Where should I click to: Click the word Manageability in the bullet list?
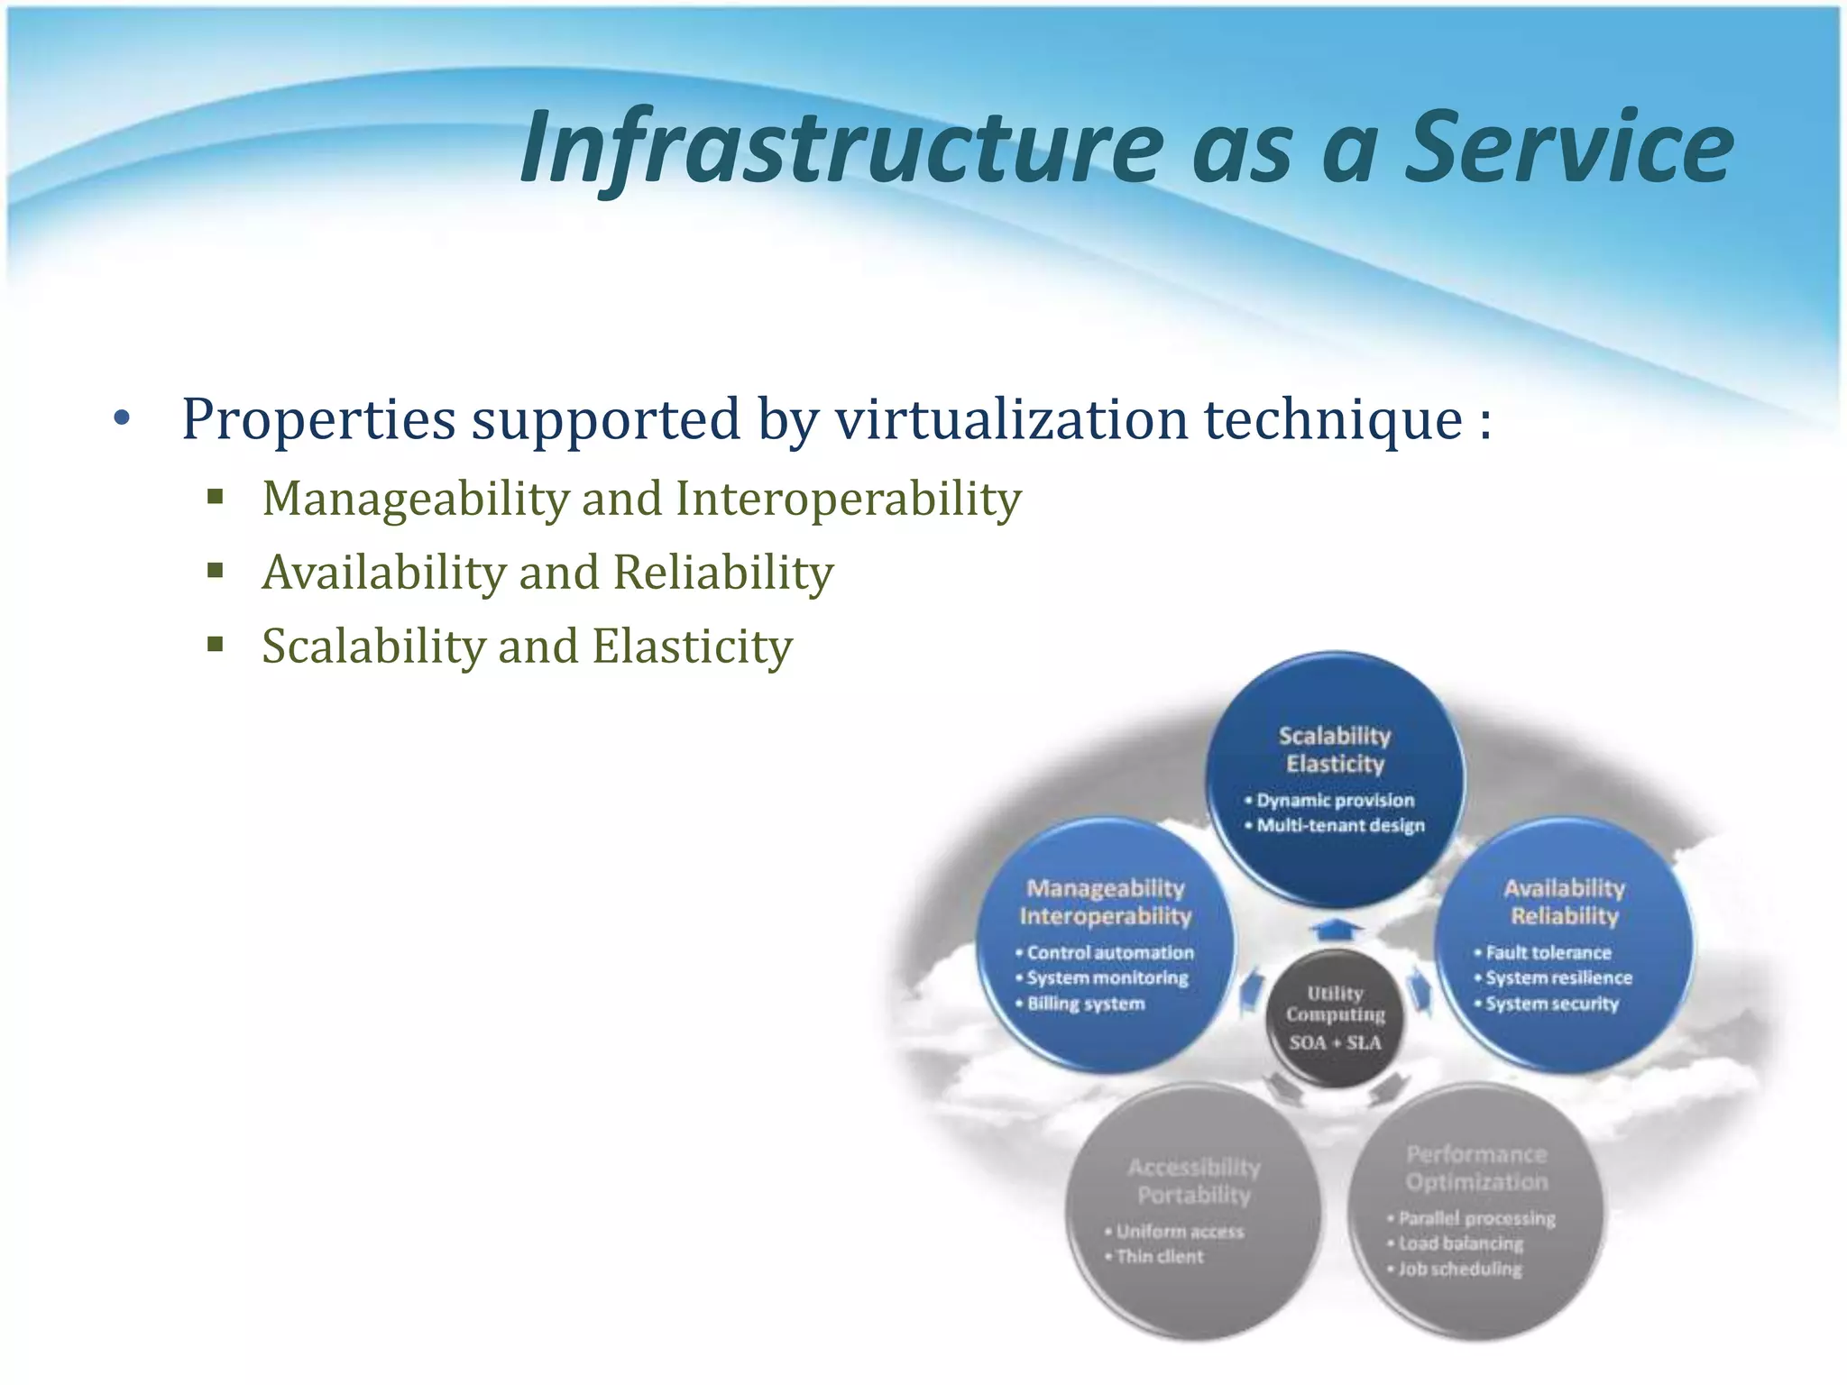click(x=415, y=498)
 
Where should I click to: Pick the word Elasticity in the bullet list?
click(x=692, y=646)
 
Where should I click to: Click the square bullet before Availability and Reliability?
click(x=215, y=571)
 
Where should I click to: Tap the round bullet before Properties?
click(x=123, y=418)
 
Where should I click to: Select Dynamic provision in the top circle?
click(x=1336, y=800)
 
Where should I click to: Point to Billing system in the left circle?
click(x=1086, y=1004)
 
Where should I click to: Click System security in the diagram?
click(x=1552, y=1004)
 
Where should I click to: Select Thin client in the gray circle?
click(x=1160, y=1256)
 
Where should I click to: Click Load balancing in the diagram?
click(x=1461, y=1243)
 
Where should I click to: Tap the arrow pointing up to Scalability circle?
click(x=1336, y=929)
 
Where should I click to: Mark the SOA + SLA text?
click(x=1335, y=1043)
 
